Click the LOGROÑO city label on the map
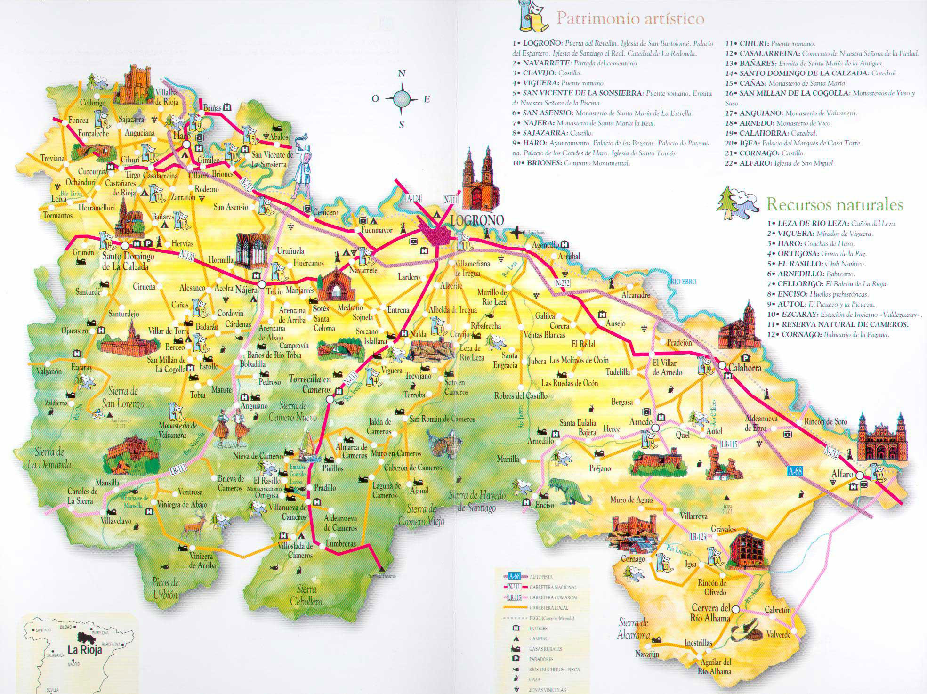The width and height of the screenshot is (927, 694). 477,220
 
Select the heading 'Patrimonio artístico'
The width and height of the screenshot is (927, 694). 630,18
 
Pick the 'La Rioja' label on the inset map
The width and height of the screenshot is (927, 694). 85,650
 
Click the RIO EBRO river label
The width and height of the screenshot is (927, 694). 682,282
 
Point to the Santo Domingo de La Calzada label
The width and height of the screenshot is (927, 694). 128,262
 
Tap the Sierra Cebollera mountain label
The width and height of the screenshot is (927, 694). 306,596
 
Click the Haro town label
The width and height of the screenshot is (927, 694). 179,136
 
